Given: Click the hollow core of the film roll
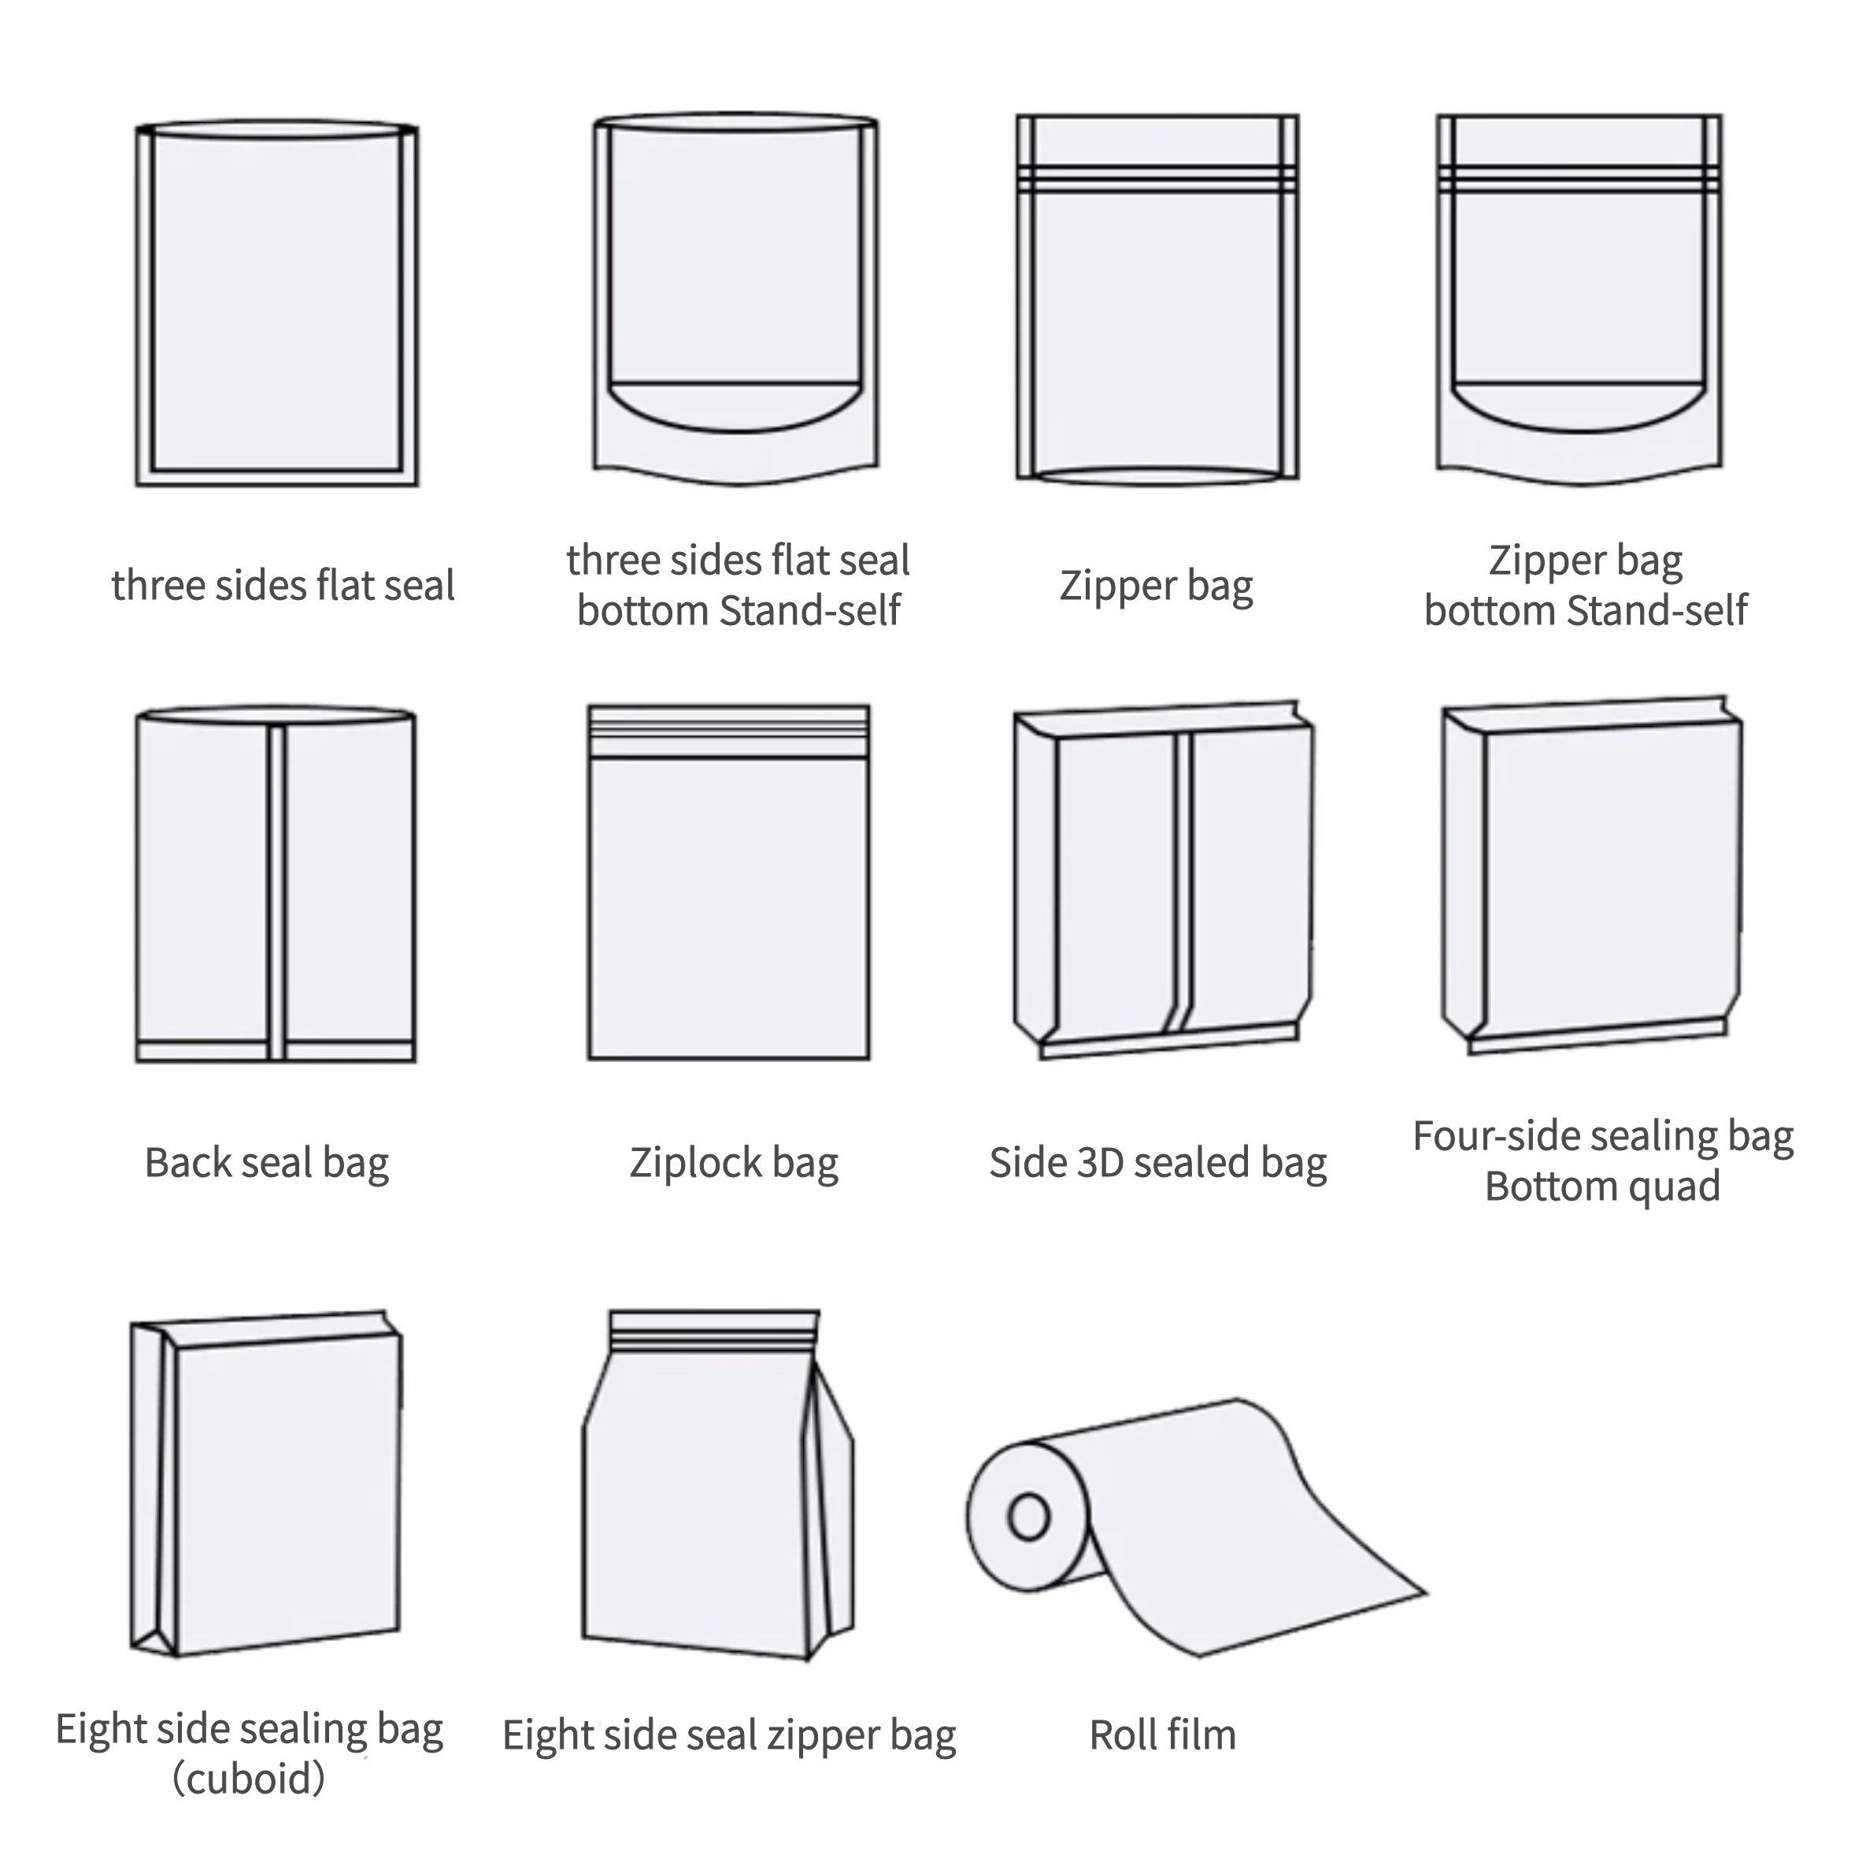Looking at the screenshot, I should click(1028, 1516).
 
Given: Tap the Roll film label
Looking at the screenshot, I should click(1162, 1735).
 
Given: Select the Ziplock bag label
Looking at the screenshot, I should click(733, 1162).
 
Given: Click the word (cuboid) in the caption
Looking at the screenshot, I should click(248, 1778).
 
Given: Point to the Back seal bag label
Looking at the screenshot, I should click(267, 1162).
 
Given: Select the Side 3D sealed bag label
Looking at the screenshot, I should click(1157, 1162).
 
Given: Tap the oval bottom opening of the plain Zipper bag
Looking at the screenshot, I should click(1157, 476).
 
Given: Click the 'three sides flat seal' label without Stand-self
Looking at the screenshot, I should click(282, 585).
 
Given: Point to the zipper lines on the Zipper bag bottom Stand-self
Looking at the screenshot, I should click(1579, 180).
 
